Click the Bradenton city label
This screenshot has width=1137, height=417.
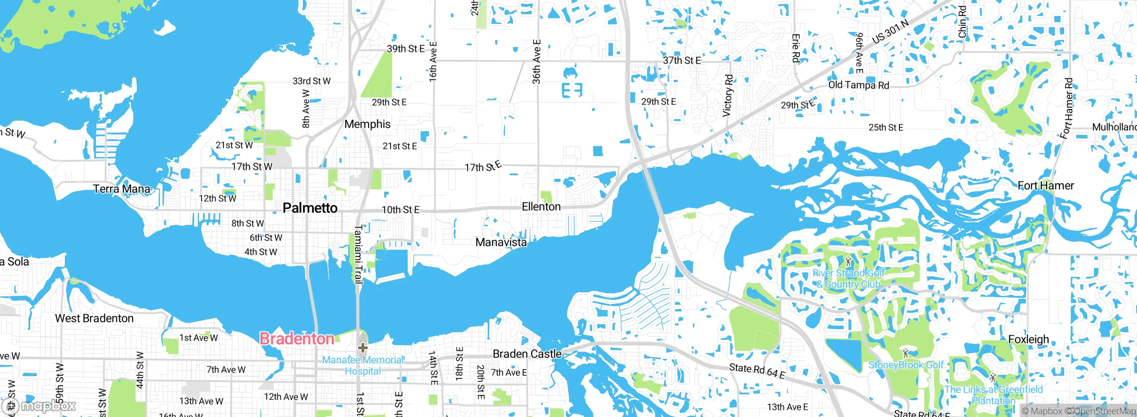click(x=297, y=339)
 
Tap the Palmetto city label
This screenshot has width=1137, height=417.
click(x=310, y=208)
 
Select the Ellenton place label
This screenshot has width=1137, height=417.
click(x=541, y=207)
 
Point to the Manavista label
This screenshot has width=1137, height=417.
click(x=501, y=242)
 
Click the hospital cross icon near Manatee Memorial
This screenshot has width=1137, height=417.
click(x=362, y=347)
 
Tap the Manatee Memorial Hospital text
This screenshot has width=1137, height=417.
click(x=363, y=366)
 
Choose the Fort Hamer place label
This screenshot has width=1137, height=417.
click(x=1046, y=185)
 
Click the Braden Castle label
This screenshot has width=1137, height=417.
click(x=527, y=354)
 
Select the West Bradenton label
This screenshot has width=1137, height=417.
click(x=94, y=319)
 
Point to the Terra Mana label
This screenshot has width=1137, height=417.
click(x=122, y=189)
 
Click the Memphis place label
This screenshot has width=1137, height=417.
click(x=367, y=124)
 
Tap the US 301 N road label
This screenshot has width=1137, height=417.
click(x=890, y=32)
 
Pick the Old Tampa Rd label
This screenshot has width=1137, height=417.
click(x=859, y=85)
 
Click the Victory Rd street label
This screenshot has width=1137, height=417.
click(x=728, y=95)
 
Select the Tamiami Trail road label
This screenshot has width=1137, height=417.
click(x=358, y=254)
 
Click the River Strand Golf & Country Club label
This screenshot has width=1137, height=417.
click(x=849, y=279)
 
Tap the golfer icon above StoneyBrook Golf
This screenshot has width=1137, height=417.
click(x=906, y=353)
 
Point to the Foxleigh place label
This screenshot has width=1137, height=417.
click(x=1028, y=339)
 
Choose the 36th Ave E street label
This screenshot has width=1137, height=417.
click(x=537, y=61)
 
